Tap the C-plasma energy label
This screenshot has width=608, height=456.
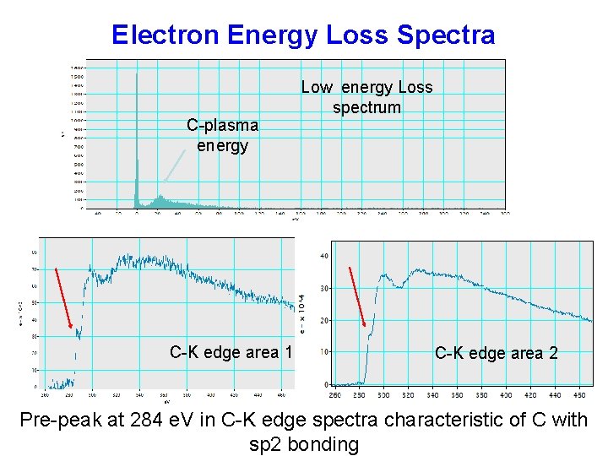[222, 135]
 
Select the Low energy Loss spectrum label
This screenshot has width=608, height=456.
[366, 97]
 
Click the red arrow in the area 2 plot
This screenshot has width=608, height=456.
[357, 296]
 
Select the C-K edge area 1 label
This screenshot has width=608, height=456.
[231, 352]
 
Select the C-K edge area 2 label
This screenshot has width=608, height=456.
[496, 353]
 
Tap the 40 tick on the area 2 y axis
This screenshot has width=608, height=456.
[324, 256]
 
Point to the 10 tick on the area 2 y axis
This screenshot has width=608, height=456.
[324, 352]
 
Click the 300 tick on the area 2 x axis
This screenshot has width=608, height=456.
[383, 394]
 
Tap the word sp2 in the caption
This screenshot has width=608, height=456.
[265, 444]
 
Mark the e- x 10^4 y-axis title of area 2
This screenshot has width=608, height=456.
[304, 312]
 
